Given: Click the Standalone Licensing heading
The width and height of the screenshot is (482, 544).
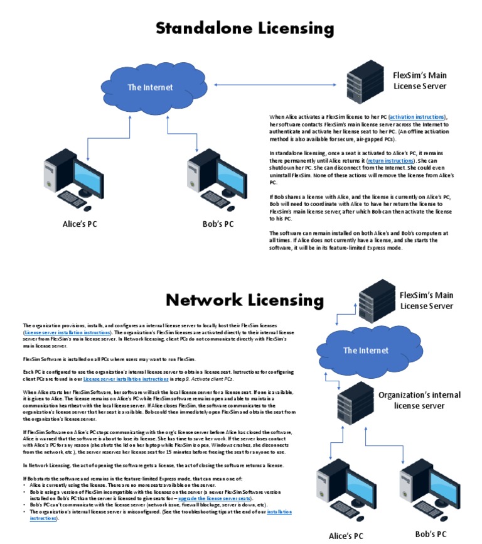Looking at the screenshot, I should [x=244, y=28].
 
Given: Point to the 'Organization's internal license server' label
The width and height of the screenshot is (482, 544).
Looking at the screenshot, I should [x=419, y=400].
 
